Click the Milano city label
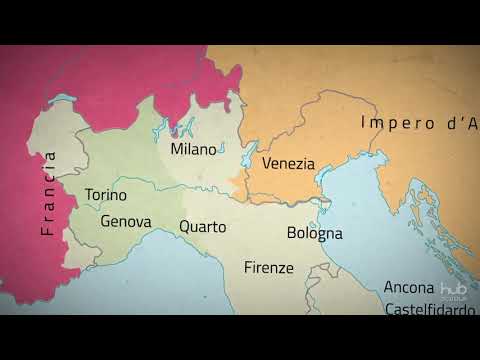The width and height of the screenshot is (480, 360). pyautogui.click(x=193, y=149)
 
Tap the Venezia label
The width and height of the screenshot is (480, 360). pyautogui.click(x=288, y=163)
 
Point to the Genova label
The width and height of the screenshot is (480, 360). pyautogui.click(x=126, y=221)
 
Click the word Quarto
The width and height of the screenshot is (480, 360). pyautogui.click(x=203, y=226)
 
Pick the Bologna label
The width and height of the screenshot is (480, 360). pyautogui.click(x=314, y=233)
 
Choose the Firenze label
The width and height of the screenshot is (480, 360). pyautogui.click(x=269, y=267)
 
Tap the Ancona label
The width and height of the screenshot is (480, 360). pyautogui.click(x=409, y=287)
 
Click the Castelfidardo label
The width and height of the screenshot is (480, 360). pyautogui.click(x=431, y=310)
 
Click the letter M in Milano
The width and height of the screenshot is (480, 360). pyautogui.click(x=176, y=149)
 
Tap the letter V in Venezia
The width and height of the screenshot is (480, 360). pyautogui.click(x=267, y=163)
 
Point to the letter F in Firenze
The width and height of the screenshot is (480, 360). pyautogui.click(x=248, y=267)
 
